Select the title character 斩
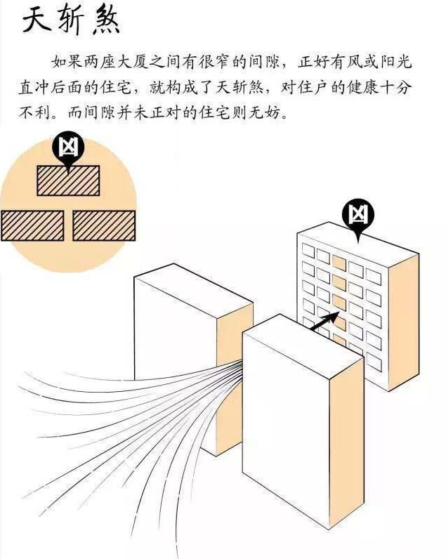tap(71, 20)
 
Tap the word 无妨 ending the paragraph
tap(270, 112)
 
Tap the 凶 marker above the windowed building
tap(358, 214)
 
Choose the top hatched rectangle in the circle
tap(68, 180)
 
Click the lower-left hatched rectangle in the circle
tap(32, 225)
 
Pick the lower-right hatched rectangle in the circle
tap(104, 225)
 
